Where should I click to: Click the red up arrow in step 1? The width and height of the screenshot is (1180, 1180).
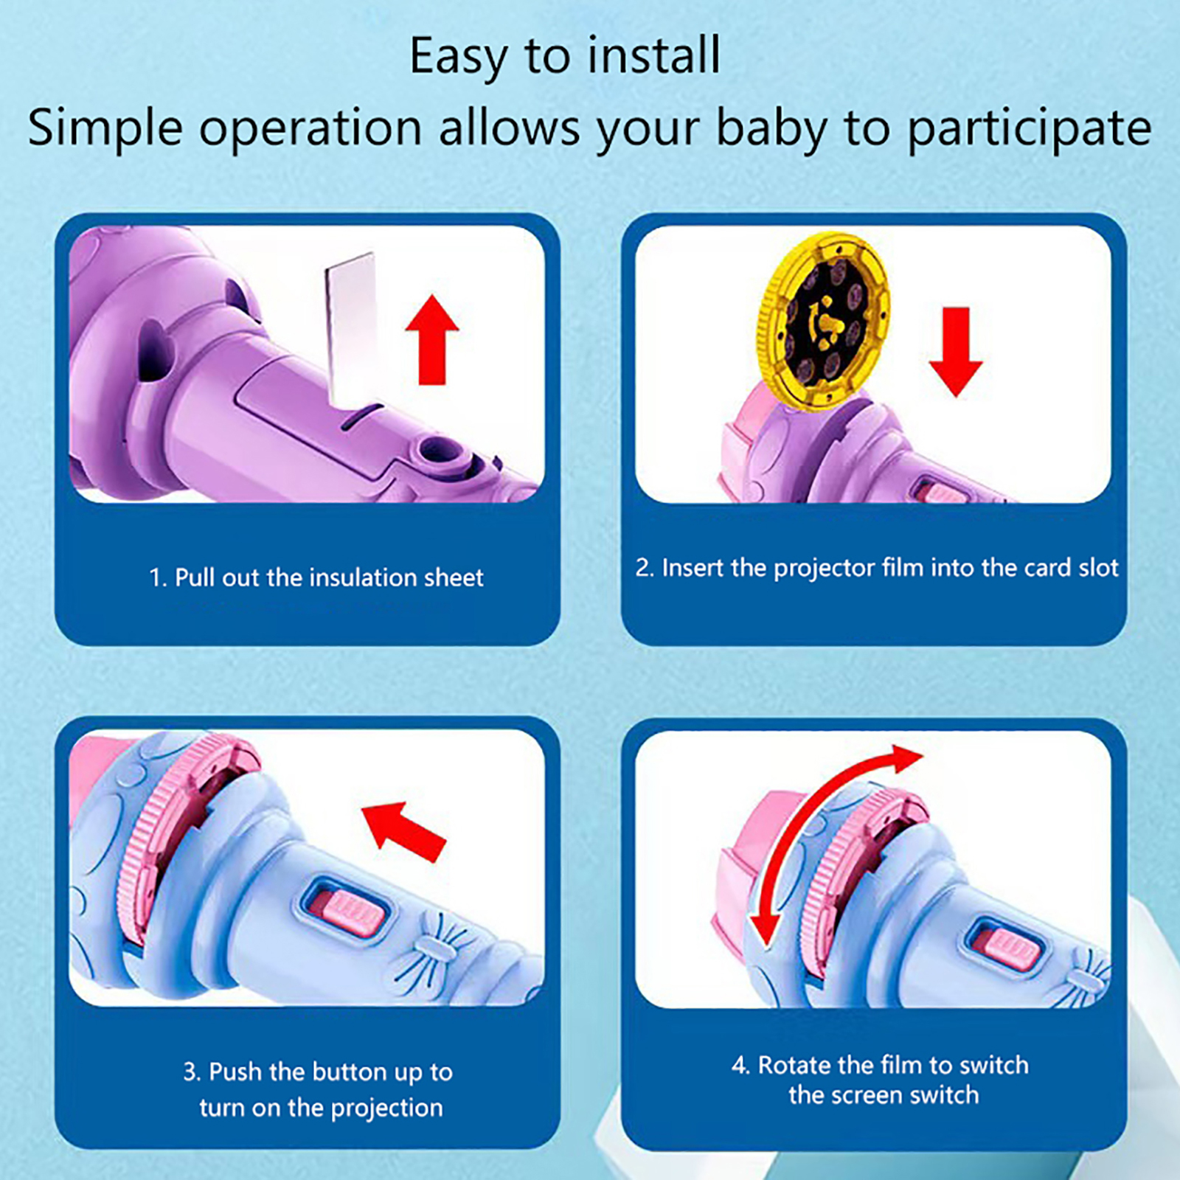point(432,340)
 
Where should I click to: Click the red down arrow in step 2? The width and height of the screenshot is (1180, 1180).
point(956,352)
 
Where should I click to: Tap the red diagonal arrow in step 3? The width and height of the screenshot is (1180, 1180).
point(404,830)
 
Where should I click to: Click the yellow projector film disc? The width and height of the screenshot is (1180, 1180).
point(825,322)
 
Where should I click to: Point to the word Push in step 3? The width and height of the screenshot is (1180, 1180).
point(236,1072)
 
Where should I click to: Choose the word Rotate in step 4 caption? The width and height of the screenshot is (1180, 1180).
point(795,1065)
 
